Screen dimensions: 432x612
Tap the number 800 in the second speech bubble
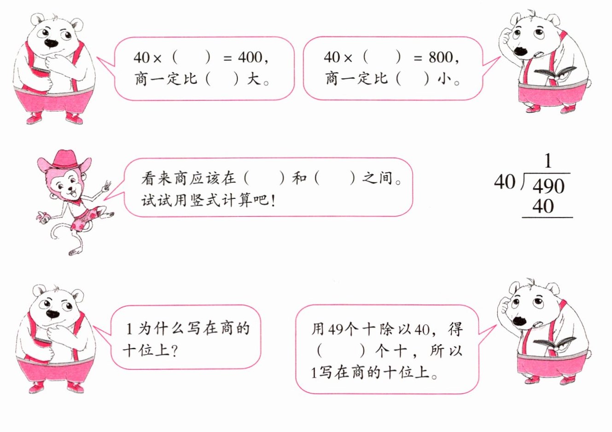click(x=441, y=58)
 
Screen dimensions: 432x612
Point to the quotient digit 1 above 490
click(x=547, y=161)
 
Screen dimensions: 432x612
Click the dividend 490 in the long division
click(x=548, y=187)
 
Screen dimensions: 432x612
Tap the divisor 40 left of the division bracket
click(x=505, y=182)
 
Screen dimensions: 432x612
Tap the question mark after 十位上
click(x=175, y=351)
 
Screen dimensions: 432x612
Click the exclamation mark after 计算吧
click(x=273, y=201)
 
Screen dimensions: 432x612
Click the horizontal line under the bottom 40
click(x=547, y=217)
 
